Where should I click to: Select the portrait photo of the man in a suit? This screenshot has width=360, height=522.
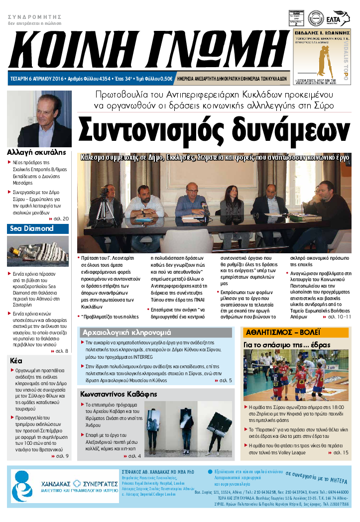click(x=39, y=119)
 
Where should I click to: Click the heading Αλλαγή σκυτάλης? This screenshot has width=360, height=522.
click(x=34, y=153)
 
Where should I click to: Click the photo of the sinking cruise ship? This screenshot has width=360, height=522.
click(x=38, y=251)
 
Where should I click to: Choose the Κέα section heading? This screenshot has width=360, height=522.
click(x=17, y=361)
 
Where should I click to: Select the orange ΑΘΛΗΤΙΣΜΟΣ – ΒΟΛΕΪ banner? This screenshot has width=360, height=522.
click(x=296, y=332)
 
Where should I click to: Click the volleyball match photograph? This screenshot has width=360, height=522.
click(x=296, y=374)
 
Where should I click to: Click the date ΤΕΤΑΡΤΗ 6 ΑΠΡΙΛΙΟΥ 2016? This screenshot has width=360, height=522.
click(x=37, y=79)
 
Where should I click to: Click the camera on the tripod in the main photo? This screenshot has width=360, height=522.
click(x=105, y=192)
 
